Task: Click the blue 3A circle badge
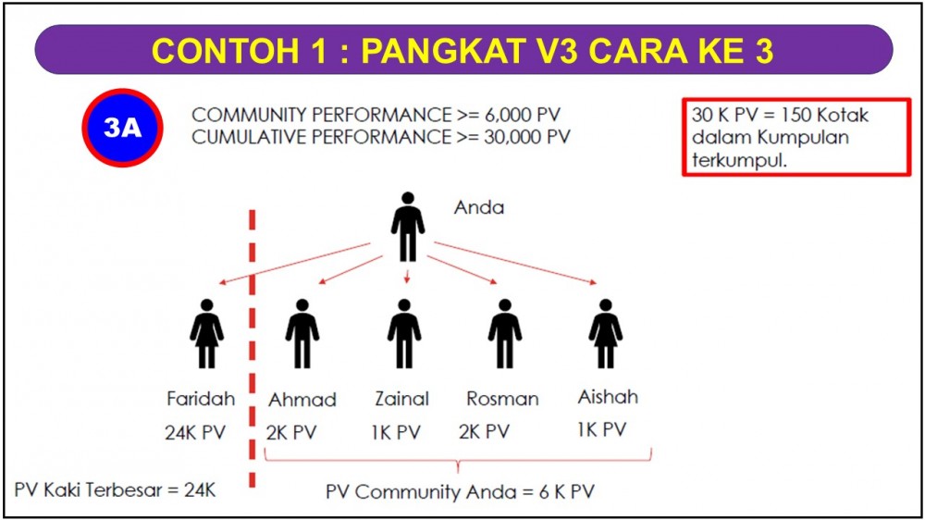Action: pyautogui.click(x=123, y=128)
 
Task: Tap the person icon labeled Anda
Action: pyautogui.click(x=408, y=227)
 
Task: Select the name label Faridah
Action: pyautogui.click(x=201, y=399)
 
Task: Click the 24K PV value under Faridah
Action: pyautogui.click(x=195, y=433)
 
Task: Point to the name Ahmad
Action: pyautogui.click(x=302, y=400)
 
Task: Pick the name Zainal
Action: pyautogui.click(x=401, y=399)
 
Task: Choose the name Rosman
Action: pyautogui.click(x=502, y=399)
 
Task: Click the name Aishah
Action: pyautogui.click(x=608, y=397)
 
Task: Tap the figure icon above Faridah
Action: pyautogui.click(x=206, y=333)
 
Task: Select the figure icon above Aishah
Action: pyautogui.click(x=605, y=333)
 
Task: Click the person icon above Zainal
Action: pyautogui.click(x=404, y=333)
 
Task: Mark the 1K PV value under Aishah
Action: pyautogui.click(x=602, y=429)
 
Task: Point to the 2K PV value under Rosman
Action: pyautogui.click(x=485, y=432)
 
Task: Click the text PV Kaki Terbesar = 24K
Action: pyautogui.click(x=115, y=489)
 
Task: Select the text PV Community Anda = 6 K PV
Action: pyautogui.click(x=460, y=491)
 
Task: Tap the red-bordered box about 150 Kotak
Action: pyautogui.click(x=796, y=137)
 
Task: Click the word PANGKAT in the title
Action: pyautogui.click(x=442, y=51)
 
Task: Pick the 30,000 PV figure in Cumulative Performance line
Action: pyautogui.click(x=527, y=137)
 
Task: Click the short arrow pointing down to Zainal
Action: pyautogui.click(x=406, y=277)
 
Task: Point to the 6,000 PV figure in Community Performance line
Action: pyautogui.click(x=523, y=115)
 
